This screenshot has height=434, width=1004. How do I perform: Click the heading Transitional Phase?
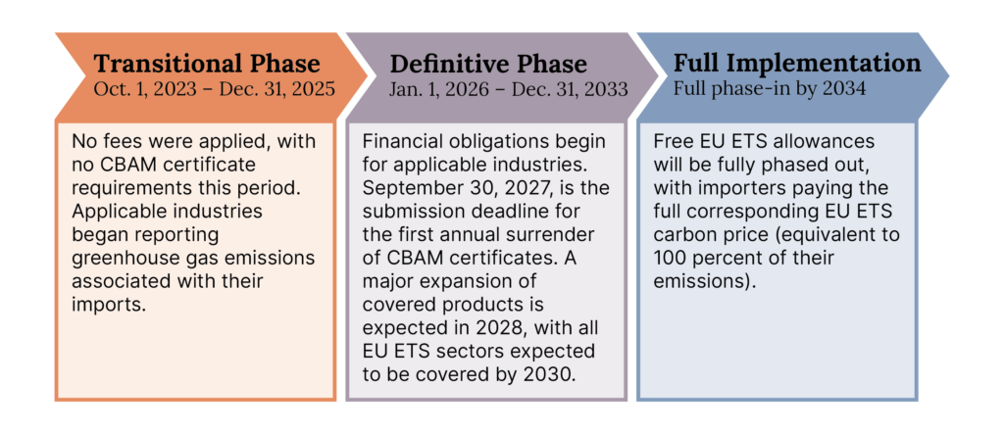[x=206, y=65]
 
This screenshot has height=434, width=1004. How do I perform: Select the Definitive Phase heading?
[x=488, y=65]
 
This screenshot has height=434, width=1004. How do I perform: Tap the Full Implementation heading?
[x=797, y=64]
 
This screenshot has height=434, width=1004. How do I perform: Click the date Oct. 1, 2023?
[x=144, y=89]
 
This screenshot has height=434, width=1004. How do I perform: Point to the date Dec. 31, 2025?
[x=276, y=89]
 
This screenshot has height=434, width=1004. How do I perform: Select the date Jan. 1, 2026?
[x=435, y=89]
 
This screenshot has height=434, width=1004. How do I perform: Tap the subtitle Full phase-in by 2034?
[x=770, y=88]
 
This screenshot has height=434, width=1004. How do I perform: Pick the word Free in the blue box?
[x=671, y=143]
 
